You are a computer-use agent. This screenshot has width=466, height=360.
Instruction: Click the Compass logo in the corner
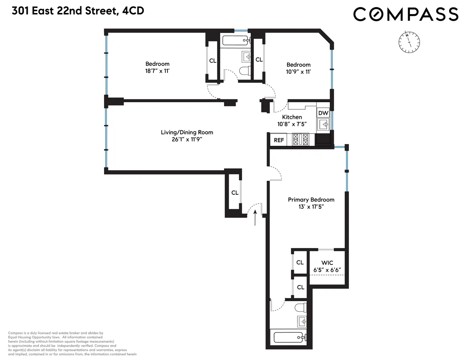pos(405,14)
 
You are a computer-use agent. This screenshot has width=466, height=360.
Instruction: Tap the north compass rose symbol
pos(409,42)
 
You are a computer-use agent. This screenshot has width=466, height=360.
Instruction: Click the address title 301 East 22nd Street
pos(78,11)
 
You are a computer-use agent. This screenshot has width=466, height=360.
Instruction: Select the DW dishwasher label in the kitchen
pos(323,113)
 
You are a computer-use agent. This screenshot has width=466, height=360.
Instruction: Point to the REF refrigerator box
pos(279,140)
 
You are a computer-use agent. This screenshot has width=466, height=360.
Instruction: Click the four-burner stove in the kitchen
pos(301,139)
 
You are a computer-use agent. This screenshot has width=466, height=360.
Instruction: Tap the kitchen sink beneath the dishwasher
pos(323,125)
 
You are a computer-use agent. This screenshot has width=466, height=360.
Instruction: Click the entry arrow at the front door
pos(255,218)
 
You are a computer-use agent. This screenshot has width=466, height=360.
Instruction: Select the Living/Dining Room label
pos(187,132)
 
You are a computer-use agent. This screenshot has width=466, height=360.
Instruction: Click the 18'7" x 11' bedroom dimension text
pos(157,71)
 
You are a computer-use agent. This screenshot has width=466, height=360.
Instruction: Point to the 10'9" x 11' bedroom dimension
pos(298,72)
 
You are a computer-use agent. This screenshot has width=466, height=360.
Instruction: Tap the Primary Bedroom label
pos(311,200)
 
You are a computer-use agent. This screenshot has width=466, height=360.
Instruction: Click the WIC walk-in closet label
pos(327,263)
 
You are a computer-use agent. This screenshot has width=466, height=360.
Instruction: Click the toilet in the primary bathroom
pos(300,308)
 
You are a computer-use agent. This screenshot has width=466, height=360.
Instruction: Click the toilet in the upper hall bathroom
pos(245,71)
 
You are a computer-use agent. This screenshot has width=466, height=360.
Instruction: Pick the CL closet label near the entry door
pos(235,193)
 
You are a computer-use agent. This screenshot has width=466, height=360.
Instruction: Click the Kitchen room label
pos(292,117)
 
